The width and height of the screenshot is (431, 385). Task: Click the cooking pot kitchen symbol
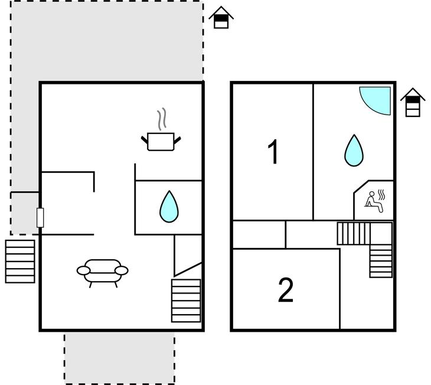click(161, 142)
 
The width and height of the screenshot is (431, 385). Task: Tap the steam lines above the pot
click(162, 119)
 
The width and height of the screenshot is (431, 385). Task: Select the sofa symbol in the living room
click(103, 273)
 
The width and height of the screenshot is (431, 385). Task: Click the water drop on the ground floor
click(169, 207)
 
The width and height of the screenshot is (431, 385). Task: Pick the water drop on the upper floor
click(354, 151)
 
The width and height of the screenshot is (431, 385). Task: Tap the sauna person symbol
click(374, 201)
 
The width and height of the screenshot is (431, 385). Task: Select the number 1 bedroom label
click(273, 152)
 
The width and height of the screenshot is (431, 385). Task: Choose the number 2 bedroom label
click(286, 290)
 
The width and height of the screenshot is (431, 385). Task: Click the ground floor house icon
click(221, 17)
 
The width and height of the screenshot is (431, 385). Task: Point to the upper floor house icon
click(413, 102)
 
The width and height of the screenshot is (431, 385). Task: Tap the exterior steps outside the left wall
click(20, 262)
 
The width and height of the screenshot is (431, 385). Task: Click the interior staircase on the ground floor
click(186, 301)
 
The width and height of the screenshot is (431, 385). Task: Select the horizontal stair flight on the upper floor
click(354, 233)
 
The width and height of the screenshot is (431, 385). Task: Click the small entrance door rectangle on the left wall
click(40, 218)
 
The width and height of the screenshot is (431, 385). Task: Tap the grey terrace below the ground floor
click(120, 358)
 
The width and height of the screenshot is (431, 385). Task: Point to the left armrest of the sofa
click(84, 270)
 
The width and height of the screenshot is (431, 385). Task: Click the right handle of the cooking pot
click(177, 140)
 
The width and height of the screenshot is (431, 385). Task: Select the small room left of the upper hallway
click(259, 234)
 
